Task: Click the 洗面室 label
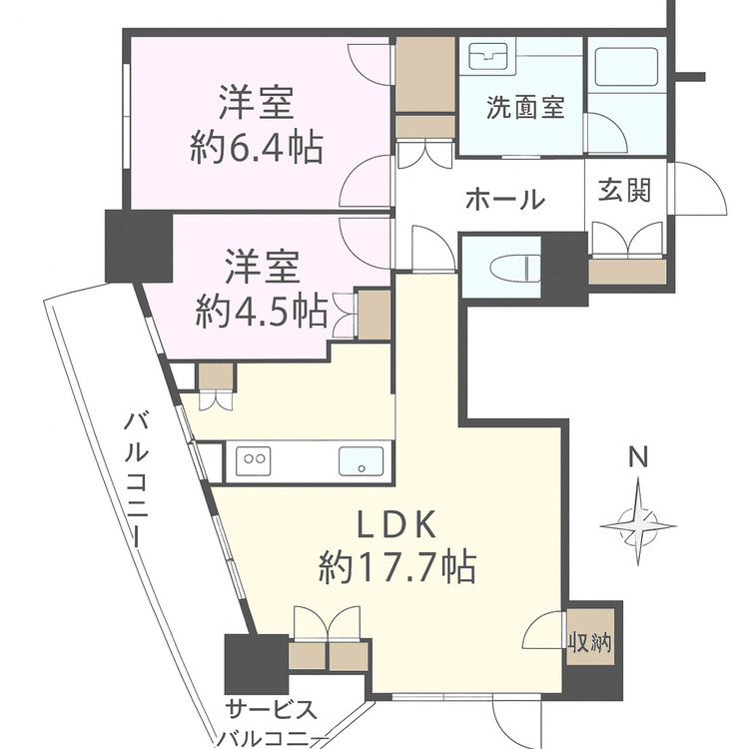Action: [525, 106]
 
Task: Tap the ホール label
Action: [504, 199]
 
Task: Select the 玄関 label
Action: [625, 191]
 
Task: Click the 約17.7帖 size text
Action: [396, 568]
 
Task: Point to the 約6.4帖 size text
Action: [256, 149]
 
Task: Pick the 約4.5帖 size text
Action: [263, 313]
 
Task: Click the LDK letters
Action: [395, 524]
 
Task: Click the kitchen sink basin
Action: [362, 461]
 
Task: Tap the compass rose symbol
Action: [639, 520]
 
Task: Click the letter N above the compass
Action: [639, 459]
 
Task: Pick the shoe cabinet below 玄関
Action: [626, 270]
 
